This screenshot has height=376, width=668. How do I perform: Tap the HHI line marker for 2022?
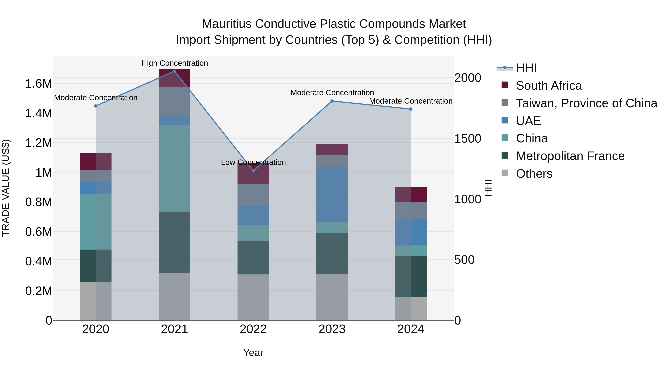[253, 171]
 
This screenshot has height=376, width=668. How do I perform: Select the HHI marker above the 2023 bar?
[332, 101]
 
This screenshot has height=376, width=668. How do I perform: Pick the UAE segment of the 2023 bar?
[332, 195]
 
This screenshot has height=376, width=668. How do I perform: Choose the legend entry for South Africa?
[549, 86]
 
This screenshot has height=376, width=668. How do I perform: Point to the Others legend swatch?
[505, 173]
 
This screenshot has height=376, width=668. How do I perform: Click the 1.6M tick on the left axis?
[38, 84]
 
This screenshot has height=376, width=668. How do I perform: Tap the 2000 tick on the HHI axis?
[468, 78]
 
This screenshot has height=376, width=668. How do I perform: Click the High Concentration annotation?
[175, 63]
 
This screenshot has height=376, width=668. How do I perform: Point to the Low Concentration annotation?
[253, 162]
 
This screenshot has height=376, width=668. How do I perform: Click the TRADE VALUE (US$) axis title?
[6, 188]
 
